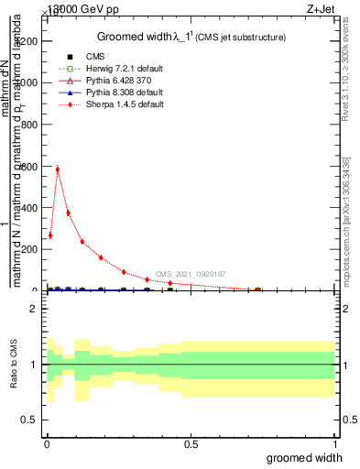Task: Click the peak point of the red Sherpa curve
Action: click(57, 169)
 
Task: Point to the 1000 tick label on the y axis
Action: click(27, 82)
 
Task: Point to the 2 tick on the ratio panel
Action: click(34, 309)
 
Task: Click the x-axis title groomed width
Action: click(305, 457)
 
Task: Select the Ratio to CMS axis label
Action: click(12, 365)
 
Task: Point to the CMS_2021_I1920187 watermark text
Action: click(190, 274)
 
